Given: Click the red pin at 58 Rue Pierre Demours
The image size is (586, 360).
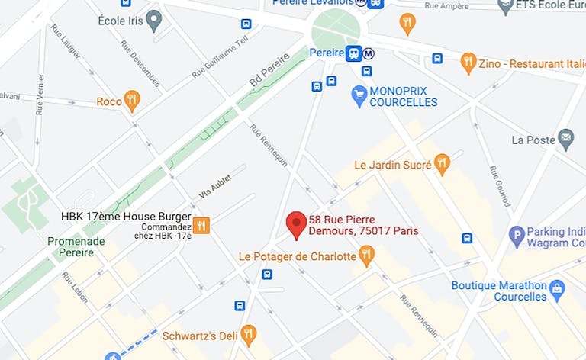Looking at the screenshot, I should [x=296, y=225].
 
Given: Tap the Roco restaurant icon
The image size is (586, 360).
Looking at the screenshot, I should [x=132, y=100].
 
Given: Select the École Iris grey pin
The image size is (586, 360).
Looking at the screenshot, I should [x=154, y=20].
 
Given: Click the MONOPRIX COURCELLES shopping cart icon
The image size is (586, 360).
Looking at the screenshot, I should [x=359, y=96].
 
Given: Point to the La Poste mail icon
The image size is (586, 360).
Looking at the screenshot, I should [x=565, y=140].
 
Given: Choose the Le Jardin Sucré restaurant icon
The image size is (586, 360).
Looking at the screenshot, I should [x=442, y=163].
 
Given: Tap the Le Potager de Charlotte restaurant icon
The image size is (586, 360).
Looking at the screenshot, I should [x=367, y=256].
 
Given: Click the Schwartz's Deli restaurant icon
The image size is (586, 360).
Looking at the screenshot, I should [x=248, y=333].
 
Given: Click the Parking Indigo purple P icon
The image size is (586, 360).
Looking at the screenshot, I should [x=517, y=236].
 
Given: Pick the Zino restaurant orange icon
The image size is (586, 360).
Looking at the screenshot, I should [x=468, y=63].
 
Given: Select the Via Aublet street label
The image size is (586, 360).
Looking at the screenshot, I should [x=217, y=185].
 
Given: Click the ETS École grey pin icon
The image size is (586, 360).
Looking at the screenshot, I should [x=505, y=7].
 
